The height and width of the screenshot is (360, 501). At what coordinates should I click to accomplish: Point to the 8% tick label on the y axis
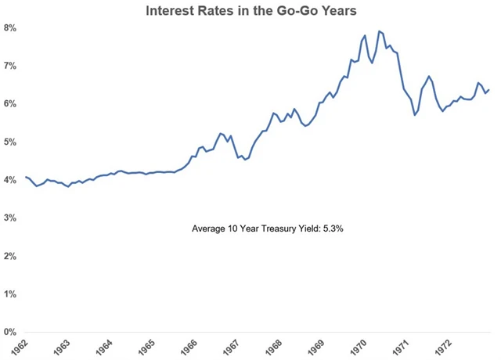(10, 28)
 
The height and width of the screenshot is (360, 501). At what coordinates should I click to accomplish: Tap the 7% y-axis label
(10, 67)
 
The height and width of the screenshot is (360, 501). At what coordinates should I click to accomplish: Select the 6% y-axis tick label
(10, 104)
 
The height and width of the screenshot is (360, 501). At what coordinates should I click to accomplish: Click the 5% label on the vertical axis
(10, 142)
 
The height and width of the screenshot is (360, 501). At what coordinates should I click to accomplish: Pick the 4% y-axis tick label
(10, 180)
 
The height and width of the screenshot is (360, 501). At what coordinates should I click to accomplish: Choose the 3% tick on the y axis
(10, 218)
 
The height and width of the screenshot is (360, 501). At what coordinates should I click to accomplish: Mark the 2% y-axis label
(10, 256)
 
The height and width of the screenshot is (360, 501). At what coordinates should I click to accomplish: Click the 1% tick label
(10, 294)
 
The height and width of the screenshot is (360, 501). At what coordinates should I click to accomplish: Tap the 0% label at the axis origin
(10, 332)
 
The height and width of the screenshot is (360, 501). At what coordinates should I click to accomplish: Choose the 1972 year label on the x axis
(447, 347)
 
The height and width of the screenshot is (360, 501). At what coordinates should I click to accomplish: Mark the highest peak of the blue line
(380, 31)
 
